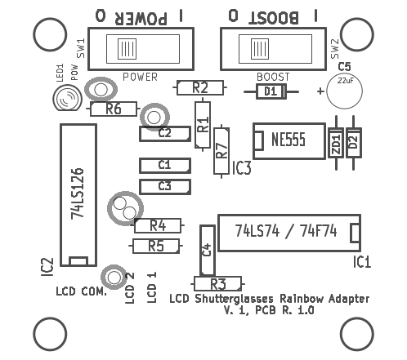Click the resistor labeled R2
point(200,87)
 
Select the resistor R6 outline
point(114,109)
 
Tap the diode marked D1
point(271,91)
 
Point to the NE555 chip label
point(288,140)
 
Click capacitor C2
point(165,134)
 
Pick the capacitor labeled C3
point(165,187)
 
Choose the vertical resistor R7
point(221,151)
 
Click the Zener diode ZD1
point(336,143)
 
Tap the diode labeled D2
point(354,143)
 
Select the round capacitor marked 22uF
point(344,91)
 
